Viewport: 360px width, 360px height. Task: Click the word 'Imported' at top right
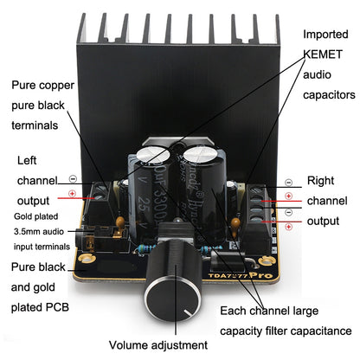[326, 34]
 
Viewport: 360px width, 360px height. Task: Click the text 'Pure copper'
[43, 87]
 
